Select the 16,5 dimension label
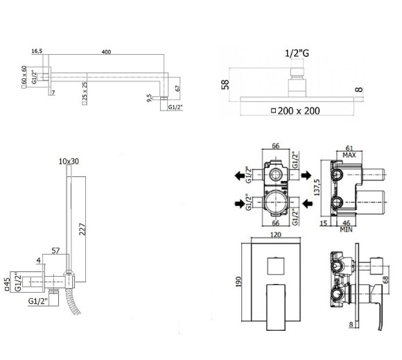[37, 51]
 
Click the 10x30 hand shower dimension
[70, 161]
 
